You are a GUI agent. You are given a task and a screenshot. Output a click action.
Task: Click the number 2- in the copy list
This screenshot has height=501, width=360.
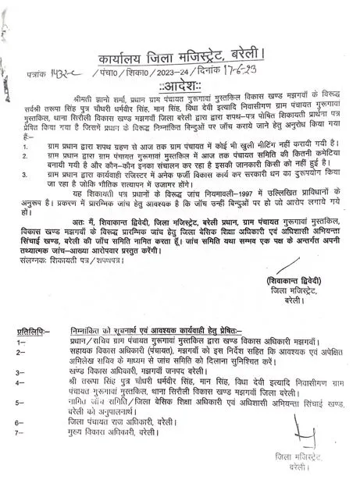tap(21, 375)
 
